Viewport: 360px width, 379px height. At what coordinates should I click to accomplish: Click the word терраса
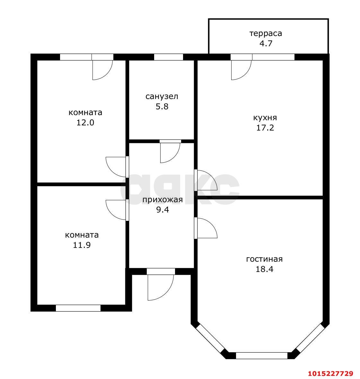[266, 33]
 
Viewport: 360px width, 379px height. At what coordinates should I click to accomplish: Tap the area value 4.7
[266, 43]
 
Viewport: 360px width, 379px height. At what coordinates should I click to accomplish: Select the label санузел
[162, 96]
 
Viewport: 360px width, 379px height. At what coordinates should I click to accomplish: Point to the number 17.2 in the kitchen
[265, 128]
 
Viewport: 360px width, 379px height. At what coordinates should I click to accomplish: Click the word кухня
[265, 118]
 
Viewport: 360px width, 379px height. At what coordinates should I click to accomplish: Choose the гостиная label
[264, 259]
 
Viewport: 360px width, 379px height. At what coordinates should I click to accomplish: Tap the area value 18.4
[264, 269]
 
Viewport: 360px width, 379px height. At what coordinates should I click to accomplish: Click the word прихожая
[162, 200]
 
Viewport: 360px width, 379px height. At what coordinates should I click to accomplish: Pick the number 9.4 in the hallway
[162, 210]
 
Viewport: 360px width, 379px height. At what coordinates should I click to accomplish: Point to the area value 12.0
[85, 122]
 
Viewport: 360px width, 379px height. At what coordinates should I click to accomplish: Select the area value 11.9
[82, 245]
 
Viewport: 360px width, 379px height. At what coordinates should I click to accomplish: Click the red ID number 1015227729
[330, 373]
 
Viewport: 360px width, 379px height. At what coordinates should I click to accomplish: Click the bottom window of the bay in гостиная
[261, 356]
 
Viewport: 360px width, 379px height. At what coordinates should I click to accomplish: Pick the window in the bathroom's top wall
[168, 57]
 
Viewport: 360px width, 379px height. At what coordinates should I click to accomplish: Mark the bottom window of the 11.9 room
[78, 308]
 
